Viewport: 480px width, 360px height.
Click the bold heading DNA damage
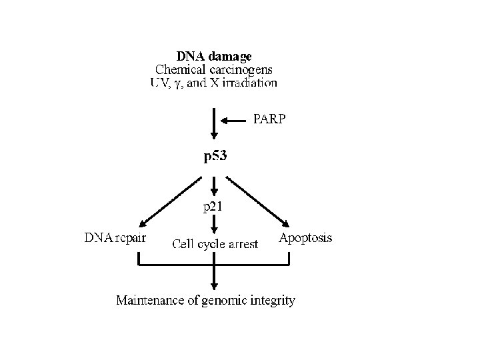[214, 57]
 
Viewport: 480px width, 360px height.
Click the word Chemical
[177, 69]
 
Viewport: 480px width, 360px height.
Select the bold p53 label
[215, 158]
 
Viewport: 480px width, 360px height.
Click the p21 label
[213, 207]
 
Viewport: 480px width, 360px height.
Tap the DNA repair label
[115, 237]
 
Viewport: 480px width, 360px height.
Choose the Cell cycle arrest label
[215, 244]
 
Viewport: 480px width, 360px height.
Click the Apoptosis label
[305, 237]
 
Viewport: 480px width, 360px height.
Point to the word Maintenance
[151, 301]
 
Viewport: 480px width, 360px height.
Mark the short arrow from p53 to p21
[213, 185]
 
